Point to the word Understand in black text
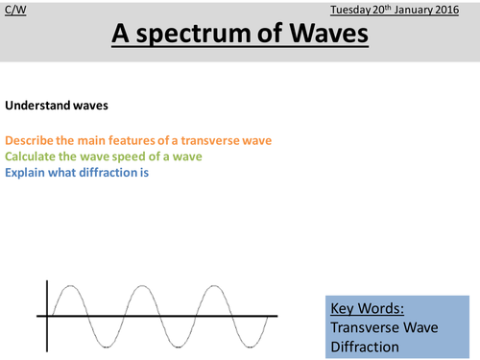36,105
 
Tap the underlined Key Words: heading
366,309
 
